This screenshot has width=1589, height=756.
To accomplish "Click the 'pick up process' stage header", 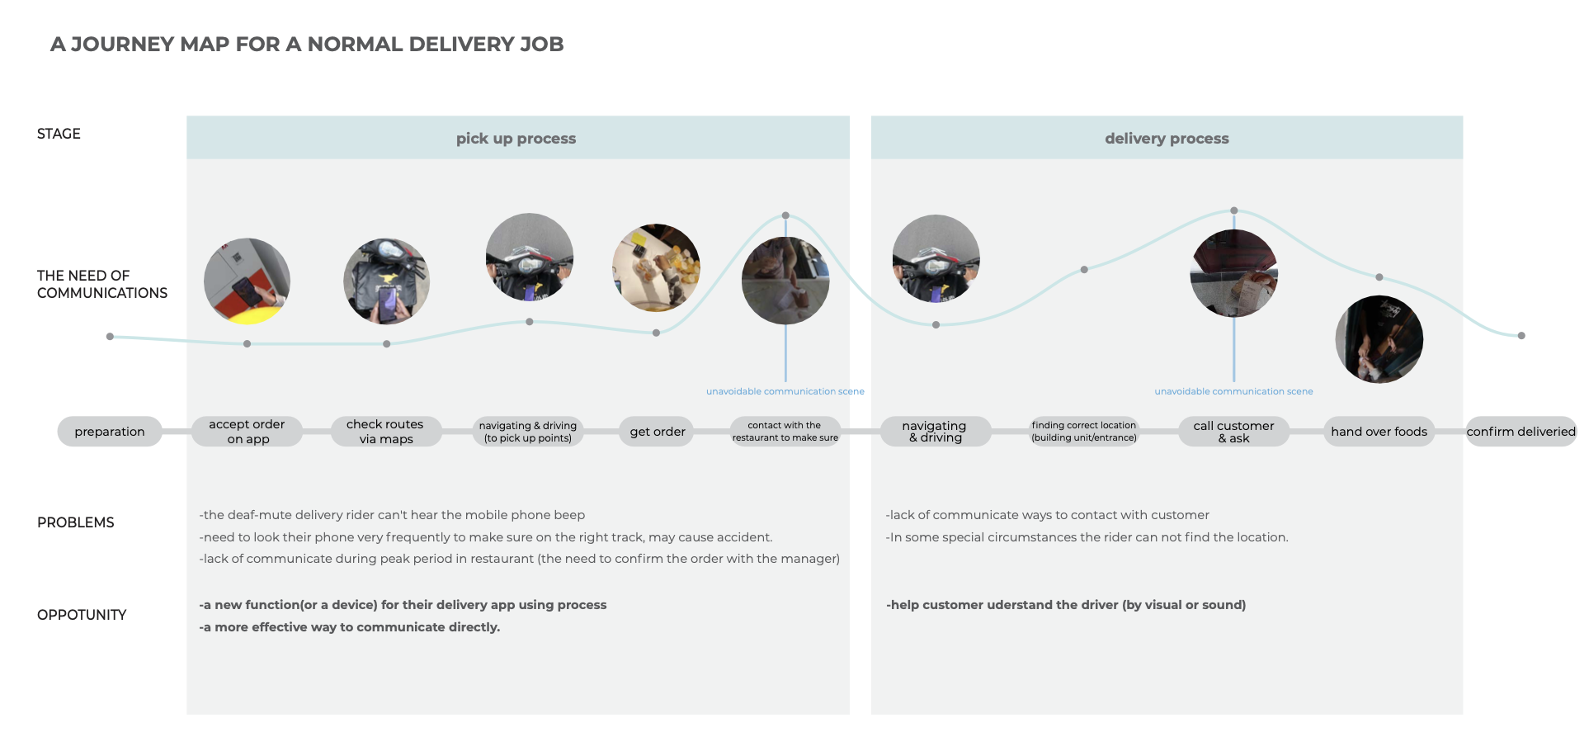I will (x=516, y=138).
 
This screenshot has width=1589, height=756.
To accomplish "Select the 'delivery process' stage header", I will (x=1167, y=138).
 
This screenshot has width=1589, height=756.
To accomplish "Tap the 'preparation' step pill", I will (x=110, y=432).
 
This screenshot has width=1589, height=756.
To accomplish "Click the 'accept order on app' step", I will (x=247, y=432).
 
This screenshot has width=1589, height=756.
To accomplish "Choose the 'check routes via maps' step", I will (x=385, y=432).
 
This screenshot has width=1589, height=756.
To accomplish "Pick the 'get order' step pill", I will (x=658, y=432).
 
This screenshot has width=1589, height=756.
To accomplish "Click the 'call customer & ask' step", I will (x=1233, y=432).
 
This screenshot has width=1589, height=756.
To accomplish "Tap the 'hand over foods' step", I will (x=1379, y=432).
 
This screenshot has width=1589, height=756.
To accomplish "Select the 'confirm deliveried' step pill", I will (x=1521, y=432).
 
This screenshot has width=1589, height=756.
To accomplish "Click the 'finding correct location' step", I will (x=1084, y=432).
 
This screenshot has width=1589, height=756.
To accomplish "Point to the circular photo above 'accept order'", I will (x=247, y=281).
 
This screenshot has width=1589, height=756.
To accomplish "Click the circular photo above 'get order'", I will (x=656, y=267).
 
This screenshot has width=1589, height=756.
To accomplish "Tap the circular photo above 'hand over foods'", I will (x=1379, y=339).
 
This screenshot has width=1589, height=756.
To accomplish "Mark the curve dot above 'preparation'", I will (x=110, y=337).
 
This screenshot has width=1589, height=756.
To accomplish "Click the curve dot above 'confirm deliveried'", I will (x=1521, y=336).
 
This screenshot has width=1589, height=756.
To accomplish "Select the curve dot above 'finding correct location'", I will (x=1084, y=270).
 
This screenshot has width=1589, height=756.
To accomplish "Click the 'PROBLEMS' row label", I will (x=76, y=522).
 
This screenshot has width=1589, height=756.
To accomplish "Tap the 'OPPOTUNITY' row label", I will (x=82, y=615).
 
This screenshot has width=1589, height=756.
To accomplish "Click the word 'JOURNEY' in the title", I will (x=122, y=45).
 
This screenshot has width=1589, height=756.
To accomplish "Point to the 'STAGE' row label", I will (x=59, y=134).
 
